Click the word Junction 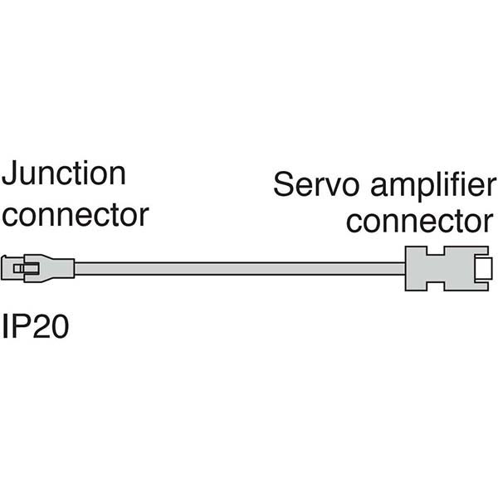65,175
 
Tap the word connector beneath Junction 76,215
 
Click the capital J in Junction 11,175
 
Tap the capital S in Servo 283,183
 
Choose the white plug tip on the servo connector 482,268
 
